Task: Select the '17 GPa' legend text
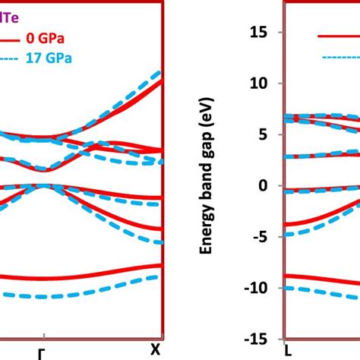click(x=61, y=55)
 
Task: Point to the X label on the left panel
click(x=156, y=349)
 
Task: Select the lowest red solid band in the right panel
click(x=319, y=279)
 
